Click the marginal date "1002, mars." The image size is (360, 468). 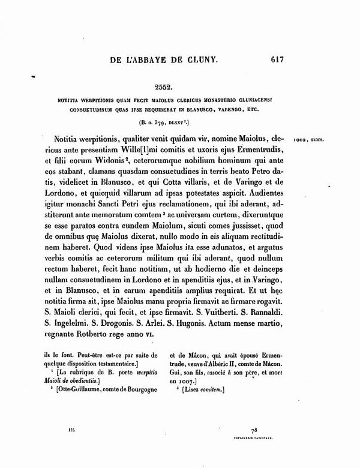310,140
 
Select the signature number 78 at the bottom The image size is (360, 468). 255,431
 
